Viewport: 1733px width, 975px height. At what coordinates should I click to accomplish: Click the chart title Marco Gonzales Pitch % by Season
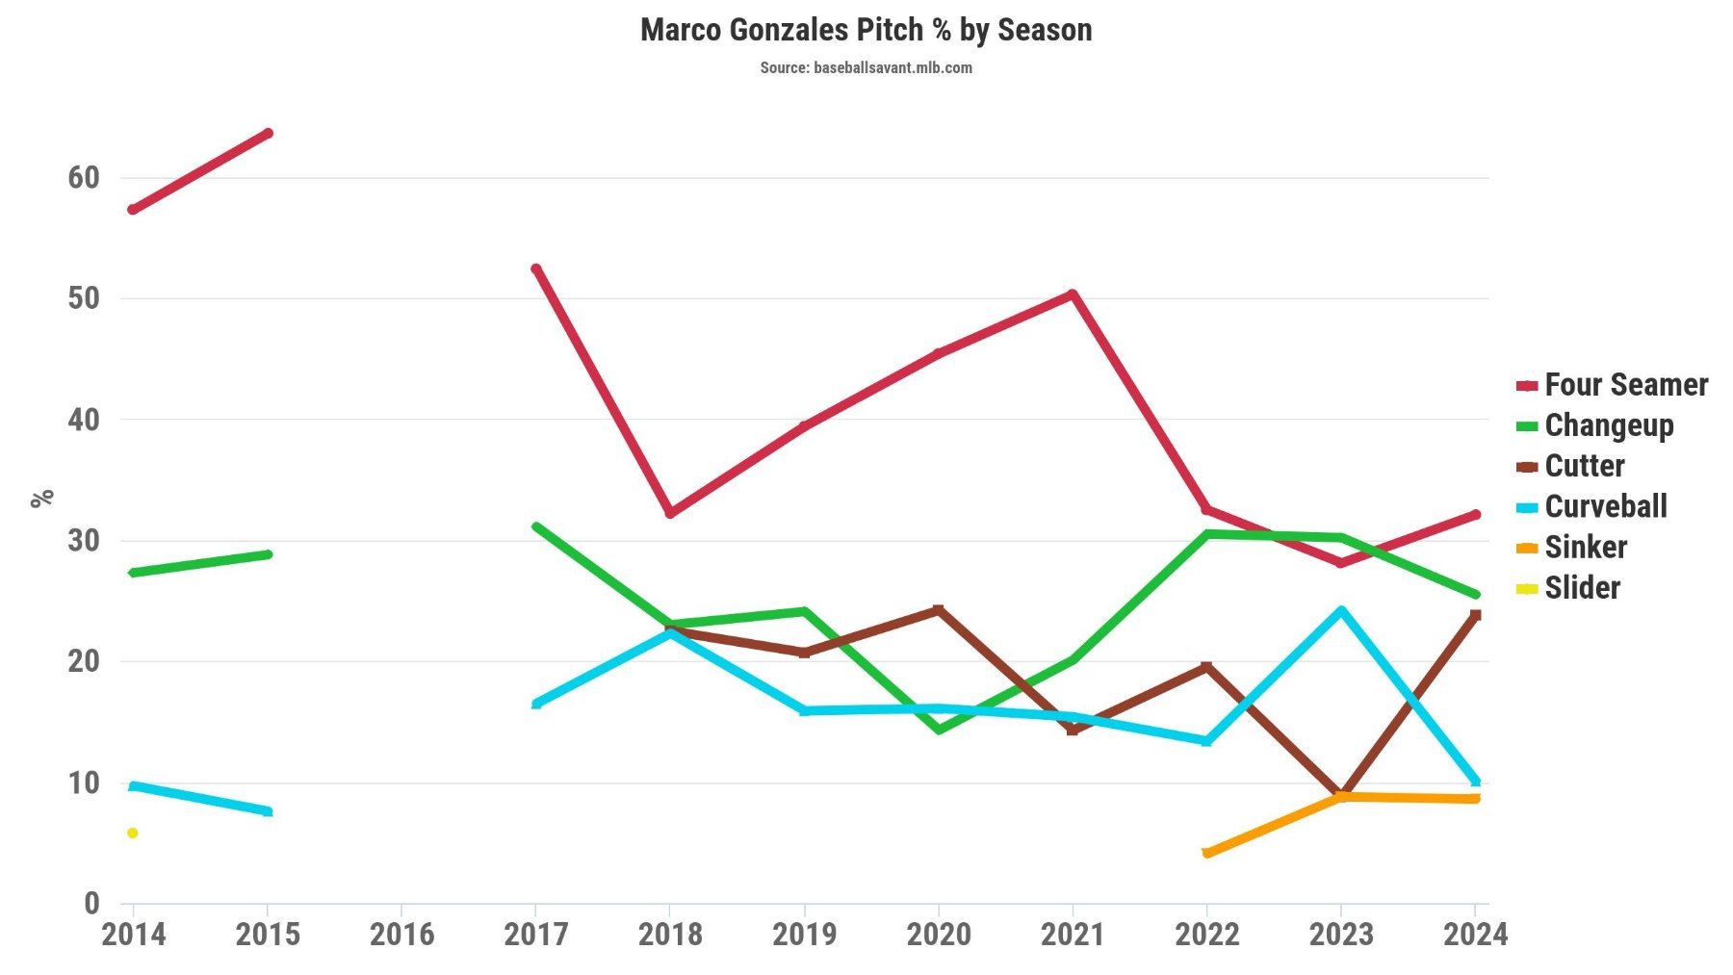click(x=866, y=30)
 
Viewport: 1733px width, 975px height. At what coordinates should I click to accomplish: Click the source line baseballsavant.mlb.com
click(x=866, y=67)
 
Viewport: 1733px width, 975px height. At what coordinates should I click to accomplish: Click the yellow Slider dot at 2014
click(x=133, y=833)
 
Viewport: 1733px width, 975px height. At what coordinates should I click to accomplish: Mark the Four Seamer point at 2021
click(x=1073, y=295)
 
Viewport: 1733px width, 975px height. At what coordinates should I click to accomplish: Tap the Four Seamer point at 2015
click(x=268, y=133)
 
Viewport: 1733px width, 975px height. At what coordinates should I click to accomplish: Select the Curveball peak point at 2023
click(x=1341, y=610)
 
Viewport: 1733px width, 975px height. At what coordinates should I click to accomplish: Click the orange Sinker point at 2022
click(x=1206, y=853)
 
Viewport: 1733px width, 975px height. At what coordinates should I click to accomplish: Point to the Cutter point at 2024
click(x=1475, y=615)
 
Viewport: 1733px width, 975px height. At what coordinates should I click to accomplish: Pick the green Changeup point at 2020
click(x=939, y=730)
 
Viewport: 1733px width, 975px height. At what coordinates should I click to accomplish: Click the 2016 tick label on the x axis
click(x=401, y=934)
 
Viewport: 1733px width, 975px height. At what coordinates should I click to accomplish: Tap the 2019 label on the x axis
click(x=804, y=934)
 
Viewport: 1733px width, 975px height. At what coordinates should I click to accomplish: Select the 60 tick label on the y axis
click(x=84, y=177)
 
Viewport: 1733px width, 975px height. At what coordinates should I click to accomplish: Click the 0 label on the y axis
click(x=91, y=903)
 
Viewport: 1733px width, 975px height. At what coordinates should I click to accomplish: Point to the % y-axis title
click(x=42, y=498)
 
